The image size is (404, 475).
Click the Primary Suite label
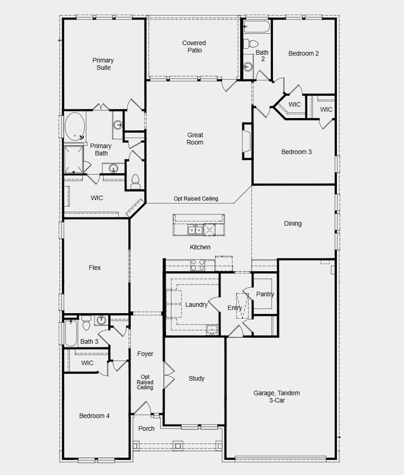[x=103, y=64]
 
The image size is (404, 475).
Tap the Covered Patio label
[x=194, y=46]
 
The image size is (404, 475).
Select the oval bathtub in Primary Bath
[x=75, y=126]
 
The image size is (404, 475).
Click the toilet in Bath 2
[x=250, y=44]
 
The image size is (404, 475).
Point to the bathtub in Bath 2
[x=257, y=26]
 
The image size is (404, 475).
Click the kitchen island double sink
[x=195, y=230]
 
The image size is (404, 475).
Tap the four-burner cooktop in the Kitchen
[x=198, y=265]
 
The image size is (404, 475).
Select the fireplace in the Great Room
[x=247, y=141]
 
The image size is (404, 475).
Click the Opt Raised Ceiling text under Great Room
[x=196, y=199]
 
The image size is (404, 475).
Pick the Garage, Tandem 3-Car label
[x=277, y=397]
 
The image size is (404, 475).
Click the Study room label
[x=197, y=378]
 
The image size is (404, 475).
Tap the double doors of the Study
[x=169, y=375]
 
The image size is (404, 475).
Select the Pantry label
[x=265, y=294]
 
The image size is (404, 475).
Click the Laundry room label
[x=196, y=305]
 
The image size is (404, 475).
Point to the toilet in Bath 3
[x=86, y=323]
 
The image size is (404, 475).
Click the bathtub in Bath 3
[x=71, y=333]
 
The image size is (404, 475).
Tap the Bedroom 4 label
[x=94, y=416]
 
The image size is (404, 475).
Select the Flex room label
[x=94, y=268]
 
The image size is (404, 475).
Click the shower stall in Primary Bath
[x=73, y=160]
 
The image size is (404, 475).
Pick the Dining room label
[x=293, y=223]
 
